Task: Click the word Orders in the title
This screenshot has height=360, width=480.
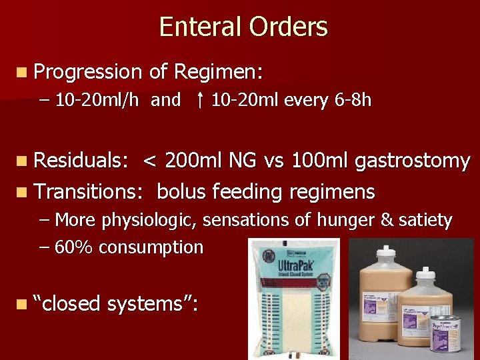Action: click(289, 27)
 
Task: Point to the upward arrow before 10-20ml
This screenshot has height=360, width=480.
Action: click(200, 100)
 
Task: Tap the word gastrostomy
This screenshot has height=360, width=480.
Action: click(413, 161)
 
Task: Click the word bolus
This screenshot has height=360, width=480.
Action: click(181, 191)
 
